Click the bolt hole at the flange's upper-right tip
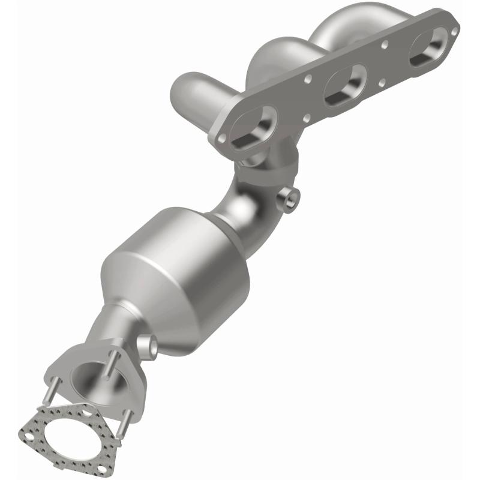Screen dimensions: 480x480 [454, 29]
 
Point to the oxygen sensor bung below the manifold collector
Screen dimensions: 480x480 [289, 200]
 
